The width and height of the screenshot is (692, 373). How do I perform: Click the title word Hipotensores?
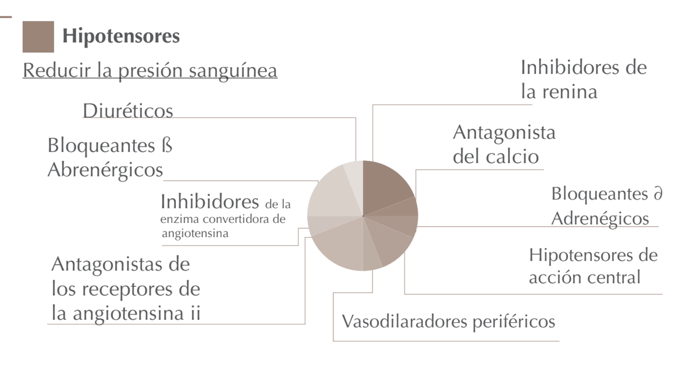click(121, 36)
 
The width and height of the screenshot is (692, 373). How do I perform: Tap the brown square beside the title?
click(38, 37)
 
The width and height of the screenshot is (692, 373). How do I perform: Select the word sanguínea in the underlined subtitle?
click(233, 71)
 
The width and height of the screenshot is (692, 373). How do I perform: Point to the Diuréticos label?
click(128, 111)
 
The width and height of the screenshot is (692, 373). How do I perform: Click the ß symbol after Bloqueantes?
click(167, 146)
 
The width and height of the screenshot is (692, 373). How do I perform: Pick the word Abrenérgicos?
click(105, 170)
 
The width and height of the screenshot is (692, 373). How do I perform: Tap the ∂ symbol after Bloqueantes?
click(658, 194)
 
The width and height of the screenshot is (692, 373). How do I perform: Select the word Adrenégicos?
click(600, 218)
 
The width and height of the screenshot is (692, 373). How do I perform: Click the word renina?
click(570, 92)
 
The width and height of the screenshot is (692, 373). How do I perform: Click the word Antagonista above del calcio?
click(504, 133)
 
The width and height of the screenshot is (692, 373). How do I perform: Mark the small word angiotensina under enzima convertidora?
click(195, 234)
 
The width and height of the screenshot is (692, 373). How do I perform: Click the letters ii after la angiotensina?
click(195, 313)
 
